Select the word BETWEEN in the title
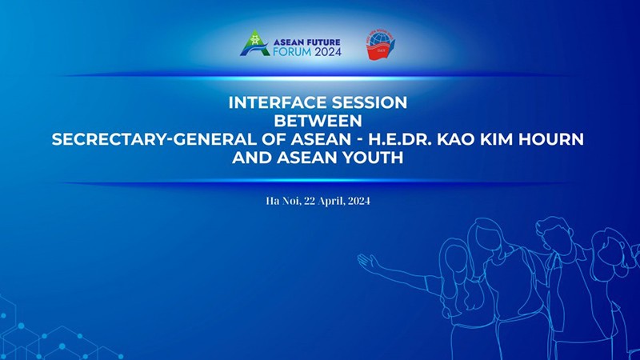tap(318, 121)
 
